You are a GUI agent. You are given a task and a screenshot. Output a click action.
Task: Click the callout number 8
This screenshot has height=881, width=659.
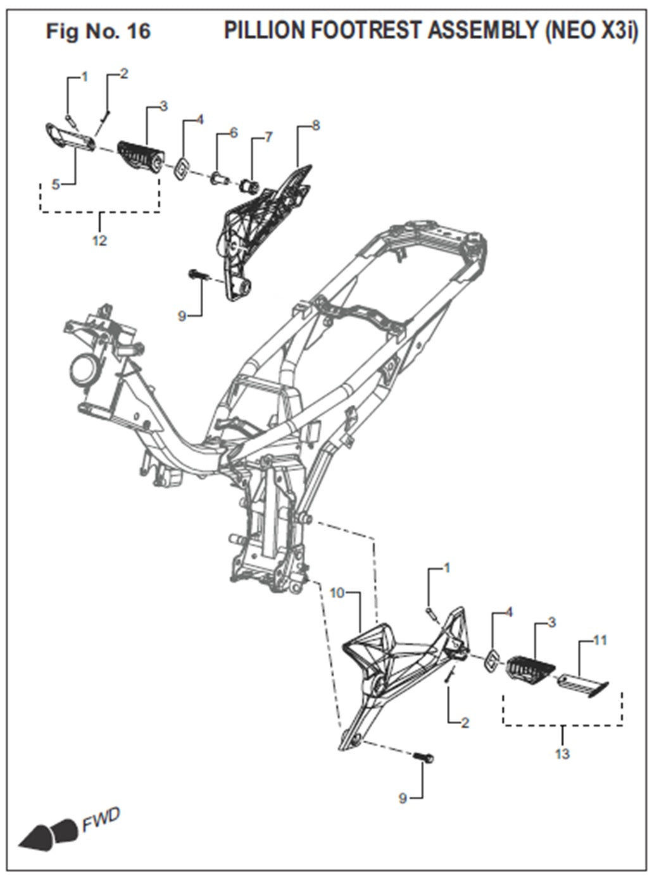click(x=315, y=126)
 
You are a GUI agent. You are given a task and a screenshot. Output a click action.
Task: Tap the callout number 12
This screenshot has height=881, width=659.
click(x=99, y=241)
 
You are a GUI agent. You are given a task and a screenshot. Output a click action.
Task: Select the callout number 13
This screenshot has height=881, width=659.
click(x=562, y=753)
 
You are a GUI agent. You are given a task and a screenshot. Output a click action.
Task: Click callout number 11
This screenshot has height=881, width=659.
click(x=599, y=641)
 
